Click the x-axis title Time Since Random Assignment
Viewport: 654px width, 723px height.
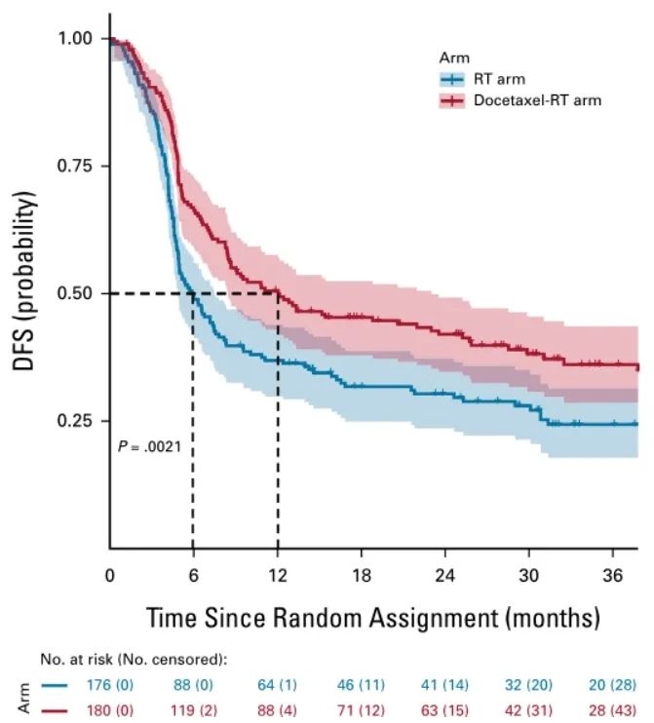tap(372, 618)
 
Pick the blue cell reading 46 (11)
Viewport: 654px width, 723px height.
tap(362, 684)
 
